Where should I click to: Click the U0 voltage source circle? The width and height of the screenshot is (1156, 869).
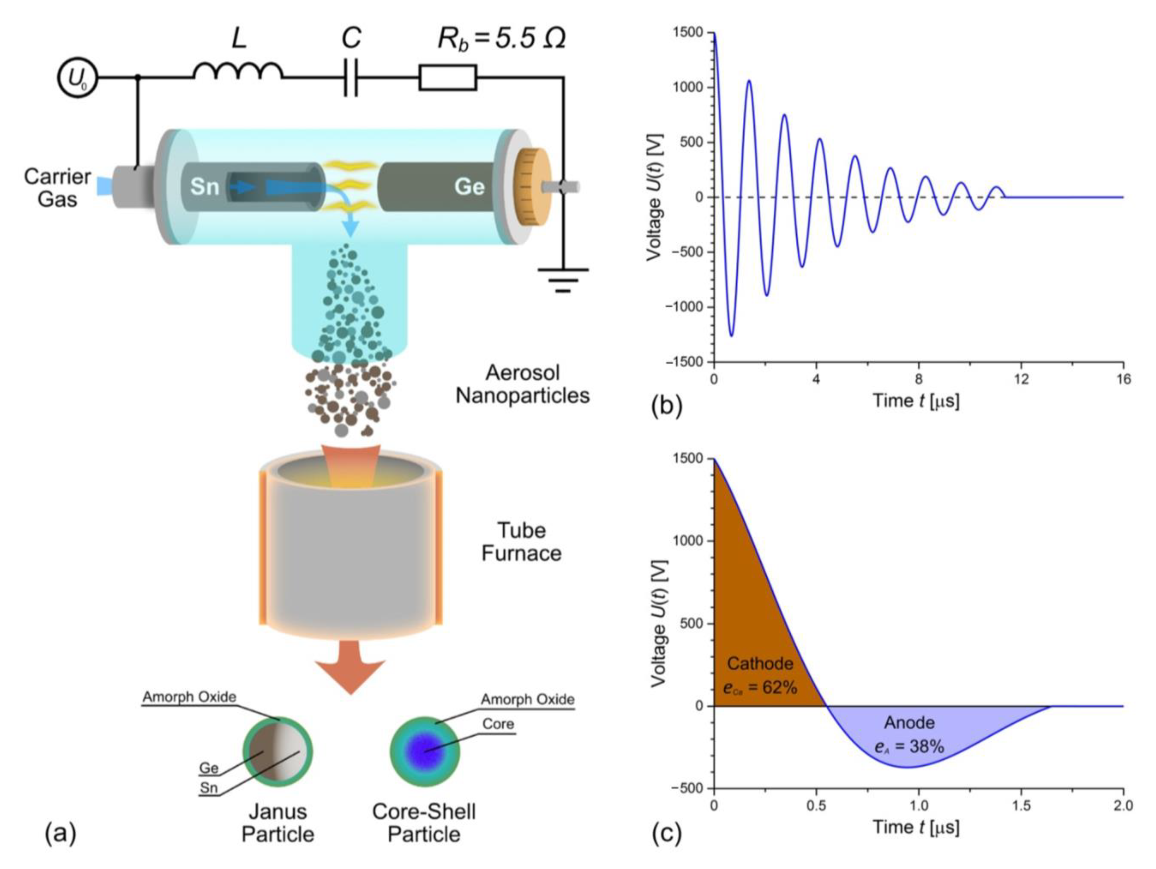point(77,78)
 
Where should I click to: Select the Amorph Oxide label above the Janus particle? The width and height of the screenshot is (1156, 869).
point(189,697)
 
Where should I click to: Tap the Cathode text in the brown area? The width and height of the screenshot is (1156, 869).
point(760,664)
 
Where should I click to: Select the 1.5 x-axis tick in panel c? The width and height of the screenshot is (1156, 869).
point(1021,805)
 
